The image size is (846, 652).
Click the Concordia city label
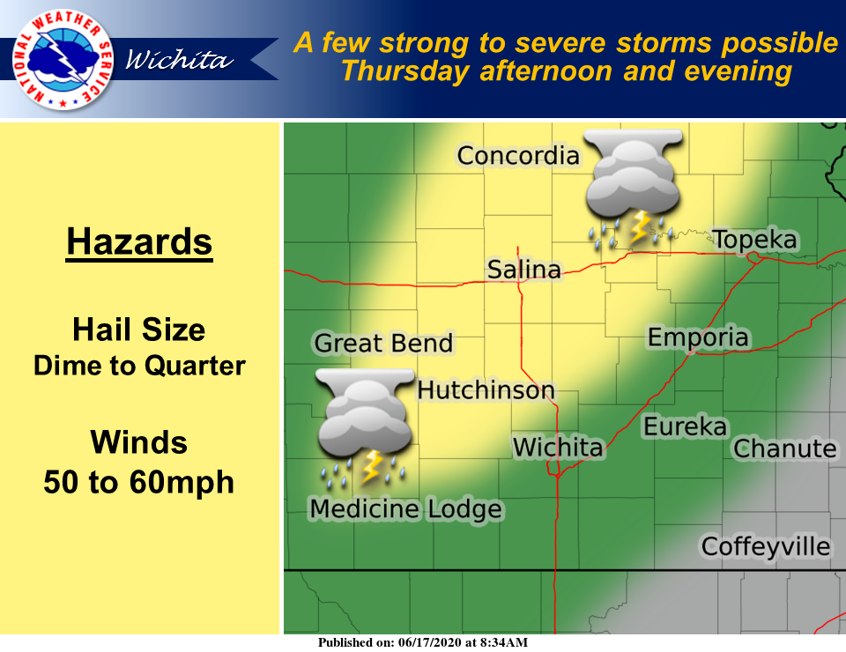point(518,156)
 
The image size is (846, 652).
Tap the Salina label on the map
point(524,270)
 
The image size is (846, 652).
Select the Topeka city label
point(754,240)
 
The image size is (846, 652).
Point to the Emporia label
point(698,337)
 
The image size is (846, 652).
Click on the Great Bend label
point(383,343)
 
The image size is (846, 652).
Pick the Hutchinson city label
point(486,389)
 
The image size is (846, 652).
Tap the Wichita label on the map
point(558,448)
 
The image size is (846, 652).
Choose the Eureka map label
point(685,427)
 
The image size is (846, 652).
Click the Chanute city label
point(784,448)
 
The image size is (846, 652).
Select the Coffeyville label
point(765,546)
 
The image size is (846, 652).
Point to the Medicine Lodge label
point(405,508)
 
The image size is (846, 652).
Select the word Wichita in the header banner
point(179,61)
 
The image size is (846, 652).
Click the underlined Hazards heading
point(139,241)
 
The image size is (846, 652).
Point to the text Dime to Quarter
point(139,365)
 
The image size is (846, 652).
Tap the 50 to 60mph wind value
point(139,482)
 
